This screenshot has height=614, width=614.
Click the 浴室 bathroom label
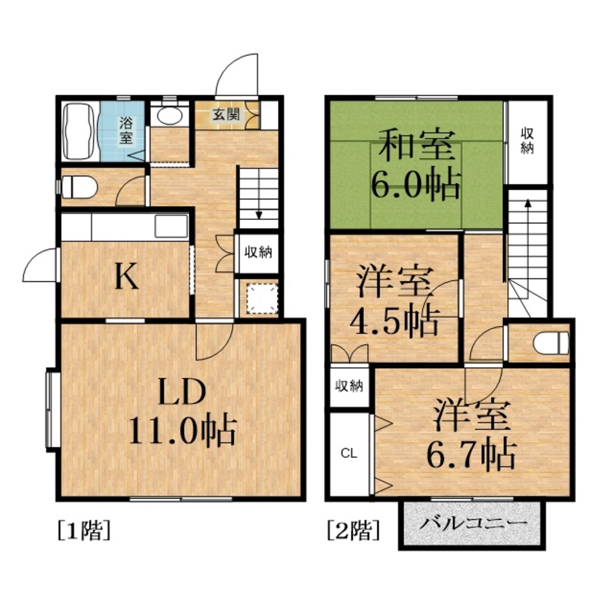tap(126, 129)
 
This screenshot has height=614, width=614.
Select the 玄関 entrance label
tap(225, 115)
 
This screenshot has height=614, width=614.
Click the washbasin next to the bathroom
tap(166, 115)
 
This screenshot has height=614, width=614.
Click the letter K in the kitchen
tap(126, 278)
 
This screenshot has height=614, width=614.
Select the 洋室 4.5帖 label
tap(394, 301)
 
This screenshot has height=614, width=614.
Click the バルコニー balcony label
tap(473, 524)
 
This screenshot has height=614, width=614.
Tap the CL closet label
tap(349, 454)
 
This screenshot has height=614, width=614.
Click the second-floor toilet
tap(550, 343)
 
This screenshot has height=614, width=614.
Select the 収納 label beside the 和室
tap(527, 141)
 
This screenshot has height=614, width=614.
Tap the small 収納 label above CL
tap(349, 386)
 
